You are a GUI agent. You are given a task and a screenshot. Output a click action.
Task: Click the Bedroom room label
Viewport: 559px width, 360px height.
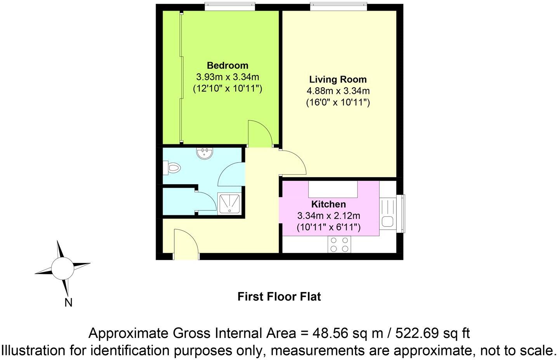tap(227, 65)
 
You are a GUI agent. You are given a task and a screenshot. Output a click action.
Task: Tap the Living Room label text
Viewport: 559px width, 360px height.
tap(338, 80)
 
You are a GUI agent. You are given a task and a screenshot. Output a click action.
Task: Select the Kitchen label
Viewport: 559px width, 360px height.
tap(328, 204)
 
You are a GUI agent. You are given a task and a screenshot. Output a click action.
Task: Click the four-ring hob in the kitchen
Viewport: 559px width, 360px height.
tap(340, 244)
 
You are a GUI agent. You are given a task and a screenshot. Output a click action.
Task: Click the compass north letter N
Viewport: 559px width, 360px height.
tap(68, 303)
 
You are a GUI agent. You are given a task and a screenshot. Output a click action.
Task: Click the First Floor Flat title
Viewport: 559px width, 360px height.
tap(279, 297)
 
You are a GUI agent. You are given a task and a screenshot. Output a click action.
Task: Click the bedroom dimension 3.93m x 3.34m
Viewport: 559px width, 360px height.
tap(227, 77)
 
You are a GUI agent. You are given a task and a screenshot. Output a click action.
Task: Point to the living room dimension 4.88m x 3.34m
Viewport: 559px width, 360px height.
tap(338, 91)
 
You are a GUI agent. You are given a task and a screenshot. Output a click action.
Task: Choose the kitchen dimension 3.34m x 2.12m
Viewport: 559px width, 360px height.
tap(328, 216)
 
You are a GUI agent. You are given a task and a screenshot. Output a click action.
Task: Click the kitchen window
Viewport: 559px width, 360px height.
tap(402, 214)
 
